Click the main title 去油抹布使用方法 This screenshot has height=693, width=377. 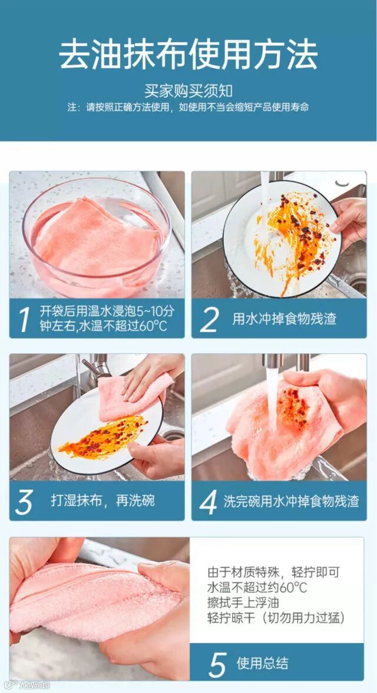(x=188, y=55)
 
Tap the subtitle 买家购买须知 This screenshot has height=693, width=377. (x=188, y=91)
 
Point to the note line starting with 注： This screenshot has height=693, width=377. (x=188, y=107)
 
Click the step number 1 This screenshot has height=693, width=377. (x=24, y=319)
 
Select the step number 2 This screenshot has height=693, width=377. (x=209, y=319)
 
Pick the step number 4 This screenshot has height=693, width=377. (x=208, y=502)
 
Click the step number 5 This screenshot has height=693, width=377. (x=217, y=664)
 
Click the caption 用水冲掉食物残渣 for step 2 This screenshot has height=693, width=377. (x=284, y=319)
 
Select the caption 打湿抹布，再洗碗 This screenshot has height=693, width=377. (x=102, y=500)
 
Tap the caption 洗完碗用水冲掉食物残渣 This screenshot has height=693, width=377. (x=291, y=501)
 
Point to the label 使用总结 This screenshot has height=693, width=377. (x=263, y=663)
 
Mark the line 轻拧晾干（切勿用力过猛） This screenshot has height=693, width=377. (x=276, y=618)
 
